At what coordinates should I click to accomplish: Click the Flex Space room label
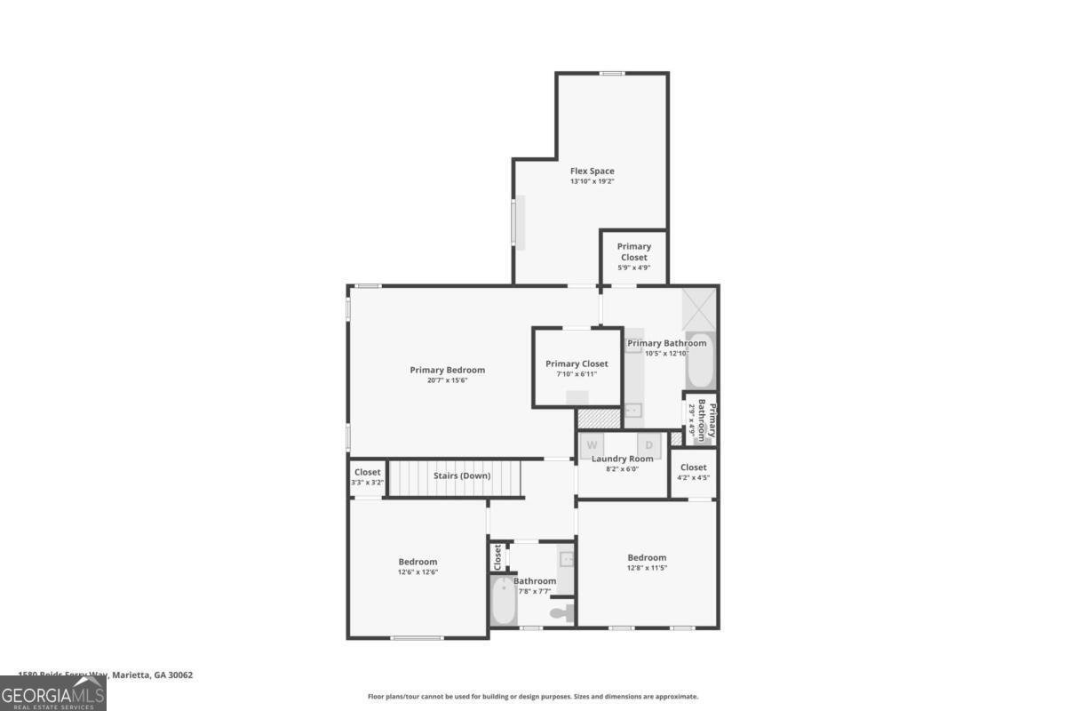point(592,171)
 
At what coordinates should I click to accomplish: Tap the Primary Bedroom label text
point(447,370)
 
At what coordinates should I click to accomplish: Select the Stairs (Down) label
point(461,475)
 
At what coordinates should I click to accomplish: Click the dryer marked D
point(648,444)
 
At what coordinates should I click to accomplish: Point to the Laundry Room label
point(622,459)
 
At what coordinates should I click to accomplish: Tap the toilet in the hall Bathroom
point(561,612)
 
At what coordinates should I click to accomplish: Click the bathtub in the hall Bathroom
point(503,603)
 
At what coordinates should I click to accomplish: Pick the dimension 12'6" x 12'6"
point(418,572)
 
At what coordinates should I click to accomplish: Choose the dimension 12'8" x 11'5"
point(647,569)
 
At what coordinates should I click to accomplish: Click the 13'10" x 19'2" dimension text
point(592,181)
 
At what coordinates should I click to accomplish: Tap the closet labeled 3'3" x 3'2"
point(367,477)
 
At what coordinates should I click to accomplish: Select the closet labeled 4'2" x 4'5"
point(693,472)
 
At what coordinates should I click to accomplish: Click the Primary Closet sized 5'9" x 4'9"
point(633,257)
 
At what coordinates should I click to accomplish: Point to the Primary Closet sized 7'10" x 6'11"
point(577,368)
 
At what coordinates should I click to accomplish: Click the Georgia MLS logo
point(53,693)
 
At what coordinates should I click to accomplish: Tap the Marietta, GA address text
point(106,675)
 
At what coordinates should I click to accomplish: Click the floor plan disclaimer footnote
point(533,697)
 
